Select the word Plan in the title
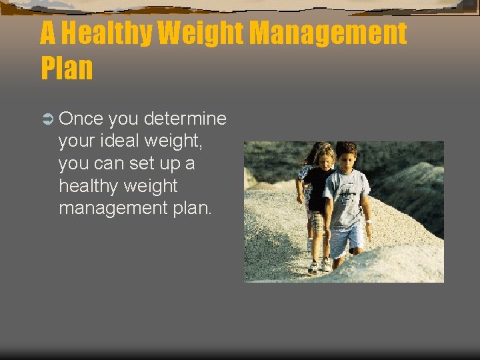pos(67,68)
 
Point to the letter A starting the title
pos(48,33)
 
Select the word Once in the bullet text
pos(81,119)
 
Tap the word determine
pos(185,119)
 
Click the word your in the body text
pos(77,141)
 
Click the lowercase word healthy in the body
pos(88,185)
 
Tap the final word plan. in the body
pos(193,207)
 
